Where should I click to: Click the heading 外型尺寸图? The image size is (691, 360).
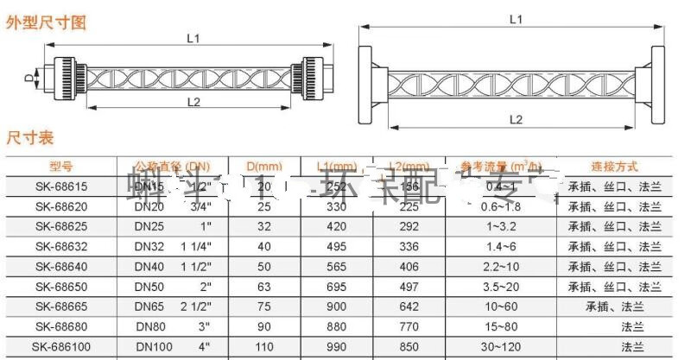point(47,23)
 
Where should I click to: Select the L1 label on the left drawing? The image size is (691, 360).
point(193,38)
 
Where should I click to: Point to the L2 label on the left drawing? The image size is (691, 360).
point(193,102)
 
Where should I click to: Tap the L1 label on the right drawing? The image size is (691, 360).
point(515,17)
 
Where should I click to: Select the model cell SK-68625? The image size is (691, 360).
point(61,226)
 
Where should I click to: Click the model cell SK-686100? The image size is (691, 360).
point(61,346)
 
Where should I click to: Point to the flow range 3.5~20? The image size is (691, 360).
point(503,287)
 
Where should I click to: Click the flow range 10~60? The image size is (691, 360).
point(503,306)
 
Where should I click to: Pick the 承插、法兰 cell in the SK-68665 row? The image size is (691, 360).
point(615,306)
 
